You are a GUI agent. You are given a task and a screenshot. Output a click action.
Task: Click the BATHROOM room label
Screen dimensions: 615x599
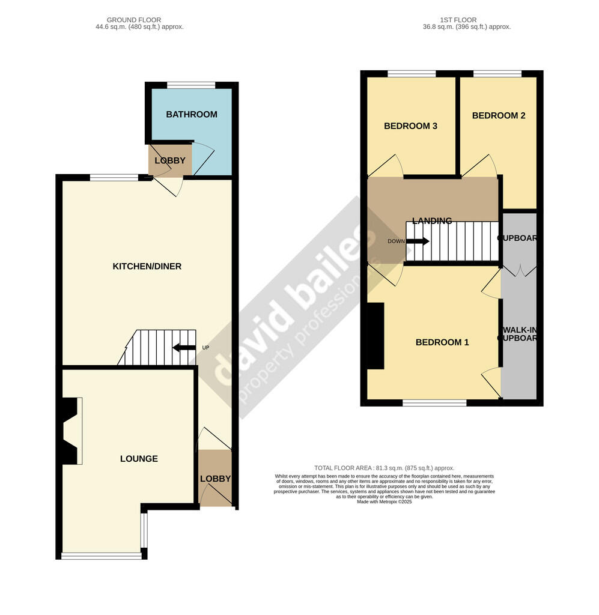pos(192,114)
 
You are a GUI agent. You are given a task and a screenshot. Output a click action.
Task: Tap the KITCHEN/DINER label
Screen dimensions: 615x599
pos(147,266)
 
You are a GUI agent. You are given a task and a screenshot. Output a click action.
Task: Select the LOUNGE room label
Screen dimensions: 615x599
pos(139,459)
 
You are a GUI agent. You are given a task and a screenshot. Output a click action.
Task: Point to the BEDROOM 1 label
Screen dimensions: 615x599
pos(442,342)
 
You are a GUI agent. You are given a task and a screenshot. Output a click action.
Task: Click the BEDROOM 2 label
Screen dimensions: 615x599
pos(499,115)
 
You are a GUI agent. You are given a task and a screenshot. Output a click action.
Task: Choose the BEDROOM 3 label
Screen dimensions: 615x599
pos(410,126)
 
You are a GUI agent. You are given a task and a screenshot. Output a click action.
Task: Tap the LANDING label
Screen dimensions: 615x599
pos(432,221)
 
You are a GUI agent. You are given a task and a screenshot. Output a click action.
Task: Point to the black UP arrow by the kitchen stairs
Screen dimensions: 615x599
pos(184,348)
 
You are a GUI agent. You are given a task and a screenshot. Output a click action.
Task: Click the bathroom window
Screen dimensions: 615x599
pos(191,85)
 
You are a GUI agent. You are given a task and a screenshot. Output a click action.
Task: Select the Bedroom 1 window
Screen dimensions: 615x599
pos(434,403)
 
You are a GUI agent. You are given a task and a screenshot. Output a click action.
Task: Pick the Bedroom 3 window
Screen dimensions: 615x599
pos(412,74)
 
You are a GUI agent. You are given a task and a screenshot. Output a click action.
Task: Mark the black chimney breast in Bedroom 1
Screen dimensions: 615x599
pos(376,336)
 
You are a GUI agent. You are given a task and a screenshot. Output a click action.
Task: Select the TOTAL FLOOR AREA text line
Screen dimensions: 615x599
pos(384,468)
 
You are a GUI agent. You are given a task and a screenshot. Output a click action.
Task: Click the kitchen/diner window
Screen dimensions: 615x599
pos(114,177)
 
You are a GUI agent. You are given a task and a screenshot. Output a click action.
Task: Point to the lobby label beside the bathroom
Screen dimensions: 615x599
pos(170,160)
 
